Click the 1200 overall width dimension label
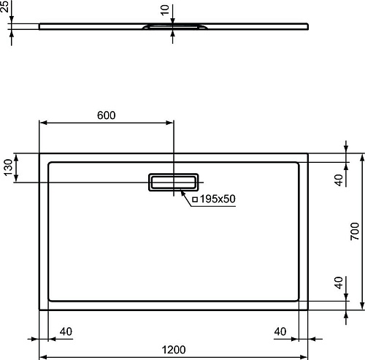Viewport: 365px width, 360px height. (174, 350)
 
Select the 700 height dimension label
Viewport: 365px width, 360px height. (355, 231)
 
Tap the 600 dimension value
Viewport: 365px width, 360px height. (107, 115)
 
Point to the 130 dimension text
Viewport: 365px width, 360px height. (8, 167)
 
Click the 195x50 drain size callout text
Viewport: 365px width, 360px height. (218, 199)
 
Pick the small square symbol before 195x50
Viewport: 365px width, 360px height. (195, 199)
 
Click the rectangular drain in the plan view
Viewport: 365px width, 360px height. (174, 182)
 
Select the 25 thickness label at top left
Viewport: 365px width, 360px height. (4, 6)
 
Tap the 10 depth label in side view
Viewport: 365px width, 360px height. (165, 9)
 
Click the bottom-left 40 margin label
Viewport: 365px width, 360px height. (66, 332)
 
